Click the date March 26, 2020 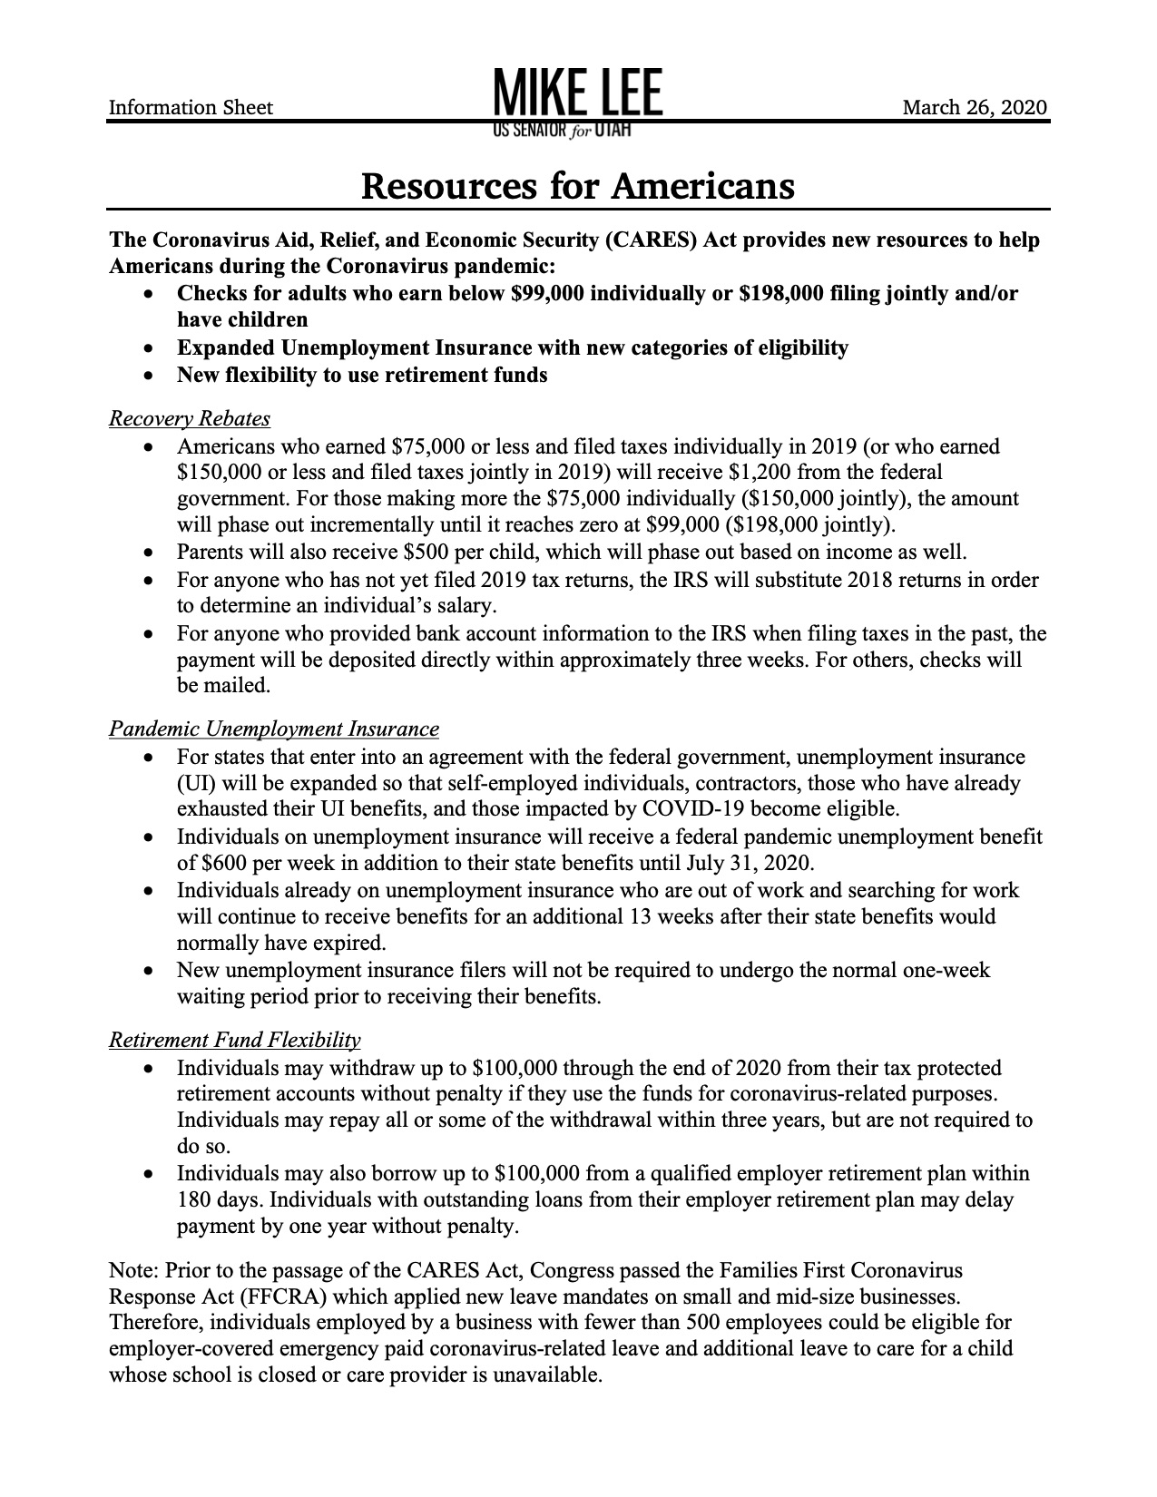975,108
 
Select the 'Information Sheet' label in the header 191,108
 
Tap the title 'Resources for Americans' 578,186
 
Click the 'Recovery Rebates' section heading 190,418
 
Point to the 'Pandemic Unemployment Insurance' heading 274,729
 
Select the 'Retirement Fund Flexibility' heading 235,1040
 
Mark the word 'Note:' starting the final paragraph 133,1268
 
